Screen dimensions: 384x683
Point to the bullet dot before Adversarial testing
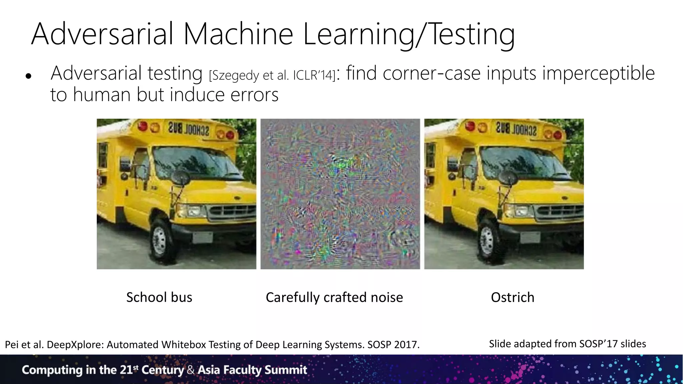pyautogui.click(x=28, y=76)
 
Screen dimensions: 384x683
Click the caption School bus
pyautogui.click(x=159, y=297)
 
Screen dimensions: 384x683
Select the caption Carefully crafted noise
pyautogui.click(x=334, y=297)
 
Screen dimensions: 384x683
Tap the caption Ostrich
pyautogui.click(x=512, y=297)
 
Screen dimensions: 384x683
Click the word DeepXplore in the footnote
pyautogui.click(x=75, y=344)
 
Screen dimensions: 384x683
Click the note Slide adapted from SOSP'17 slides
pyautogui.click(x=567, y=344)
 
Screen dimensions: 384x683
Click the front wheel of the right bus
pyautogui.click(x=487, y=240)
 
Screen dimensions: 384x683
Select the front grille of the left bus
pyautogui.click(x=230, y=212)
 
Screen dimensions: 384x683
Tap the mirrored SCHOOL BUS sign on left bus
pyautogui.click(x=188, y=129)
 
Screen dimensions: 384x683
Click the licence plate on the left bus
pyautogui.click(x=203, y=238)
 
